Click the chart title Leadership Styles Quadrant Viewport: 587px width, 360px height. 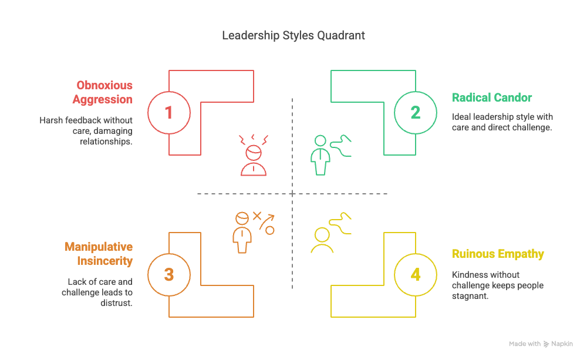293,35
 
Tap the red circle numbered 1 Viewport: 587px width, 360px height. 169,112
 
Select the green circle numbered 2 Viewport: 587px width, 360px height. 416,112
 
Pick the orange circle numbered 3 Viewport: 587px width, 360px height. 169,274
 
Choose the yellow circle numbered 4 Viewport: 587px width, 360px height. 416,274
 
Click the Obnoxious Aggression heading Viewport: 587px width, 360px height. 103,92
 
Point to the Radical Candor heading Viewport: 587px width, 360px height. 492,97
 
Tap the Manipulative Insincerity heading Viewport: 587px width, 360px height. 99,254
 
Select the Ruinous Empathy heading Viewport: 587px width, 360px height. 498,254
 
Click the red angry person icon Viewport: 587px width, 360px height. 253,155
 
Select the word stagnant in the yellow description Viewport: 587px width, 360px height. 470,296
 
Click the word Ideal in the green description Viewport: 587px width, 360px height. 461,117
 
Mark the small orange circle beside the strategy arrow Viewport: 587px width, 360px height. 270,230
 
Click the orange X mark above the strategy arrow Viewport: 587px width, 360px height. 257,216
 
